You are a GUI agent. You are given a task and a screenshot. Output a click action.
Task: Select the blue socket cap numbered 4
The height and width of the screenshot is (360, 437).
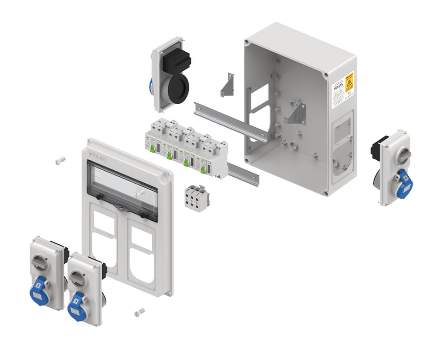(405, 181)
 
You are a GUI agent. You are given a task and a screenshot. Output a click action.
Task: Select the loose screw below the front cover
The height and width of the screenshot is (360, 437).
(139, 312)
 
